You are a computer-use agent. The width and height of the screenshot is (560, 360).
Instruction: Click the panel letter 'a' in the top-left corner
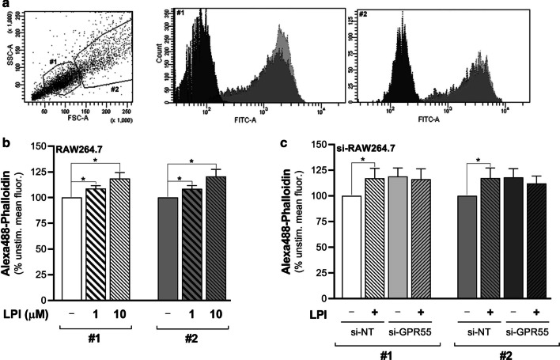click(x=6, y=7)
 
